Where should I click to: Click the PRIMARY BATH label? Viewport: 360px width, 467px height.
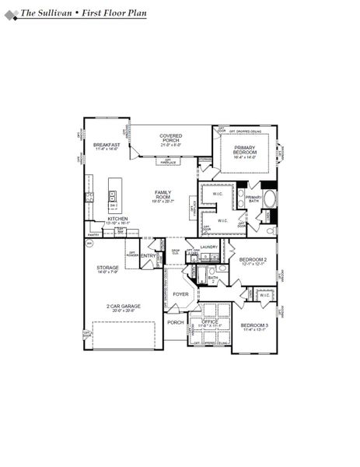point(253,199)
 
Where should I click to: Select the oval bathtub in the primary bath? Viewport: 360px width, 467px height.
point(270,198)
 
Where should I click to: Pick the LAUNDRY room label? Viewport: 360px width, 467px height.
point(209,247)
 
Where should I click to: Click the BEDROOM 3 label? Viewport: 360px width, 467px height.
point(253,327)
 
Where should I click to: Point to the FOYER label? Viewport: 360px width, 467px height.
point(180,294)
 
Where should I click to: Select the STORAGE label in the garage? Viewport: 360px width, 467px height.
point(107,269)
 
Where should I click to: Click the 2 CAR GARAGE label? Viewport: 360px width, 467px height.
point(124,307)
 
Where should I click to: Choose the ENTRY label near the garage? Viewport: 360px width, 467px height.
point(149,255)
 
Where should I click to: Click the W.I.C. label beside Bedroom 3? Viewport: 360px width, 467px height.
point(264,295)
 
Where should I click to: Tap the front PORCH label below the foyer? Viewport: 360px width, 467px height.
point(176,321)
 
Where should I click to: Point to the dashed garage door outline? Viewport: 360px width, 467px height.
point(124,335)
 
